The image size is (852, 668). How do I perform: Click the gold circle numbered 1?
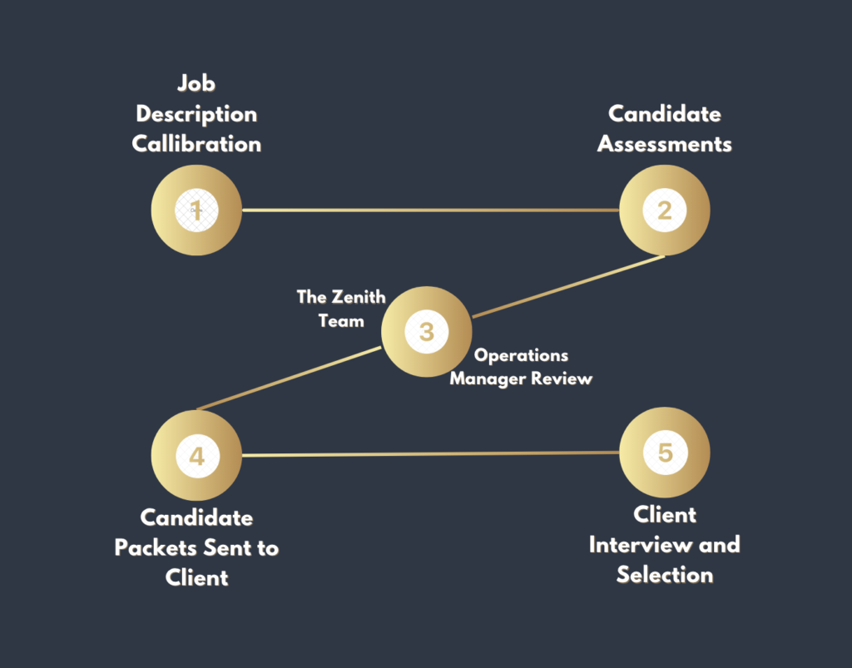point(196,210)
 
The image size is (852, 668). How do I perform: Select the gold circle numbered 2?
point(664,210)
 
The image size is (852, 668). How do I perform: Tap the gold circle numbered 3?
point(426,332)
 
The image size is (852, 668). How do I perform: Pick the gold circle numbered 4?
point(196,456)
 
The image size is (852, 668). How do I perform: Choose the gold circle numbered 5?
point(664,453)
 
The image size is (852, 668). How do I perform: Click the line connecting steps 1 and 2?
point(429,210)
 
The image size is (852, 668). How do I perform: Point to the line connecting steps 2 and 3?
point(568,287)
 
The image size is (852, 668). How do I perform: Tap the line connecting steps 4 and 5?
point(429,454)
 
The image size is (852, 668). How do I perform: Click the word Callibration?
point(196,144)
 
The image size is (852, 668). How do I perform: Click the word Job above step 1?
point(196,83)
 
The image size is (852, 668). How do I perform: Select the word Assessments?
point(664,144)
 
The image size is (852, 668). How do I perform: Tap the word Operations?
point(522,355)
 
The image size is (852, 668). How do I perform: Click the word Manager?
point(489,379)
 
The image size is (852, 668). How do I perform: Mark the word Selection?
point(664,575)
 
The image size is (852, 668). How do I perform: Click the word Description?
point(196,114)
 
